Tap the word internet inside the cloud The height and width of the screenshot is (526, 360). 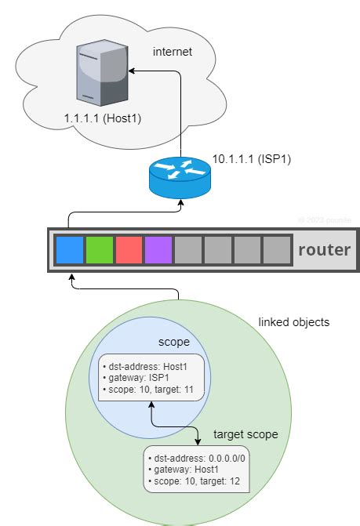click(x=173, y=52)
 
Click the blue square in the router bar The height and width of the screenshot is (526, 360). click(x=70, y=250)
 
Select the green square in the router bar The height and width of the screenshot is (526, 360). click(x=100, y=250)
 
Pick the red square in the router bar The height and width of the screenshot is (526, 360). click(x=129, y=250)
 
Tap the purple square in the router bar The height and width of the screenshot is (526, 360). click(x=159, y=250)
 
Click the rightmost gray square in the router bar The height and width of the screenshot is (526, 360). click(x=277, y=250)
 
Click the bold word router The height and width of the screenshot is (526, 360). click(x=323, y=251)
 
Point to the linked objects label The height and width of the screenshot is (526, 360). click(x=294, y=322)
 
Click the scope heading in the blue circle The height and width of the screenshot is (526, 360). click(x=173, y=342)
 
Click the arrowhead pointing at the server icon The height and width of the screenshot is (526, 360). click(x=133, y=71)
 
